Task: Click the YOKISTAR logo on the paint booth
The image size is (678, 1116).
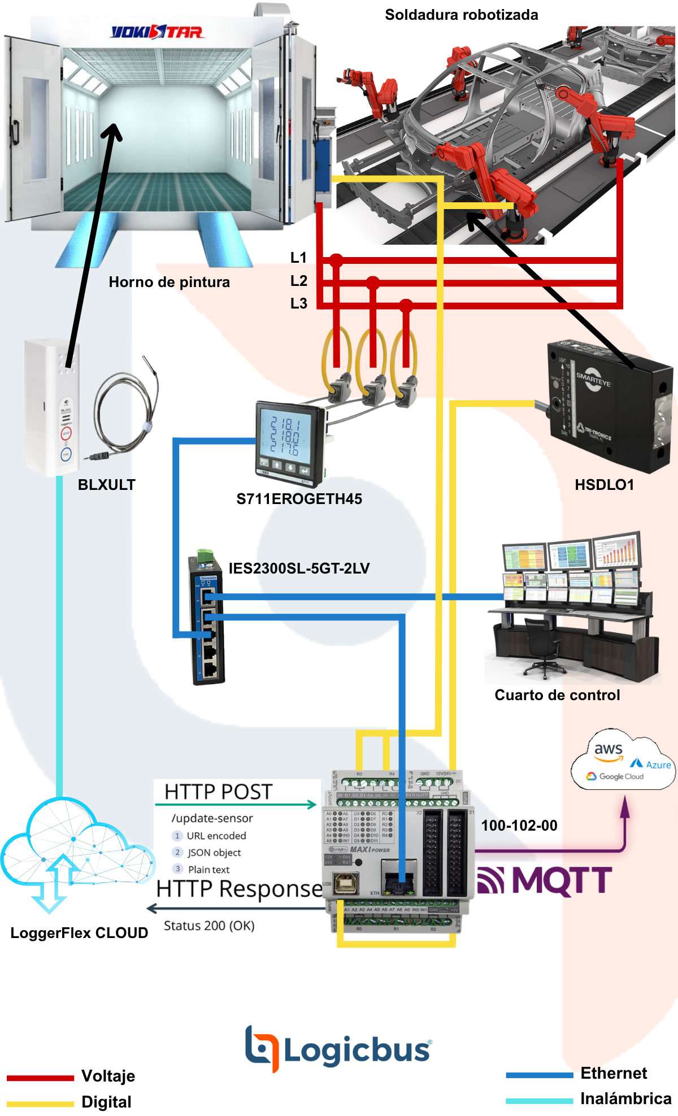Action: tap(157, 32)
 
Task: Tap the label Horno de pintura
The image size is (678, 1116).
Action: tap(169, 282)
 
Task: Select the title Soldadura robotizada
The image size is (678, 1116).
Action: tap(461, 15)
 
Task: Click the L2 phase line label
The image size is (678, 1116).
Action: tap(298, 281)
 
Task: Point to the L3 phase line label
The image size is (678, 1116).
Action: tap(298, 303)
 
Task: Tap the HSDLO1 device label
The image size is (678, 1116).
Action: tap(604, 485)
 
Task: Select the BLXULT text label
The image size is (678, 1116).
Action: tap(106, 485)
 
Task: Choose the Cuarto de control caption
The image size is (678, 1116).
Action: tap(557, 695)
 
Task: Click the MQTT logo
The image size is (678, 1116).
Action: tap(545, 881)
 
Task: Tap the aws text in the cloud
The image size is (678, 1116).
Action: tap(608, 750)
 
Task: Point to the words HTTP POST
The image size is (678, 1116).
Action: tap(219, 792)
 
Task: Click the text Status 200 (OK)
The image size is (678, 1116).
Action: tap(209, 926)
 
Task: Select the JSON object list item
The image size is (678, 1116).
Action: tap(214, 853)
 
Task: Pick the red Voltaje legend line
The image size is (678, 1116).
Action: tap(40, 1078)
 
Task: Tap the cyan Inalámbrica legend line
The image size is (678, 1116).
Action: tap(539, 1100)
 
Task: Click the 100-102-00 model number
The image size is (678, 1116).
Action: tap(519, 826)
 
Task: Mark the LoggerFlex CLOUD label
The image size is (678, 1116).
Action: tap(79, 933)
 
